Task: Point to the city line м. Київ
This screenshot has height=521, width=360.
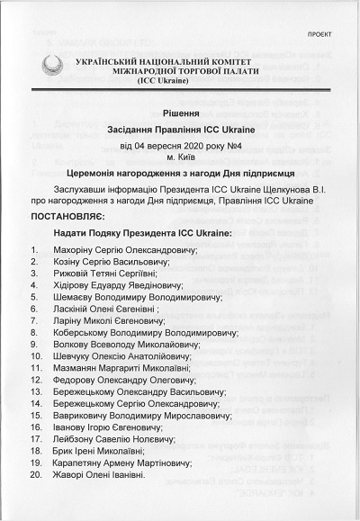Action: [x=182, y=159]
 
